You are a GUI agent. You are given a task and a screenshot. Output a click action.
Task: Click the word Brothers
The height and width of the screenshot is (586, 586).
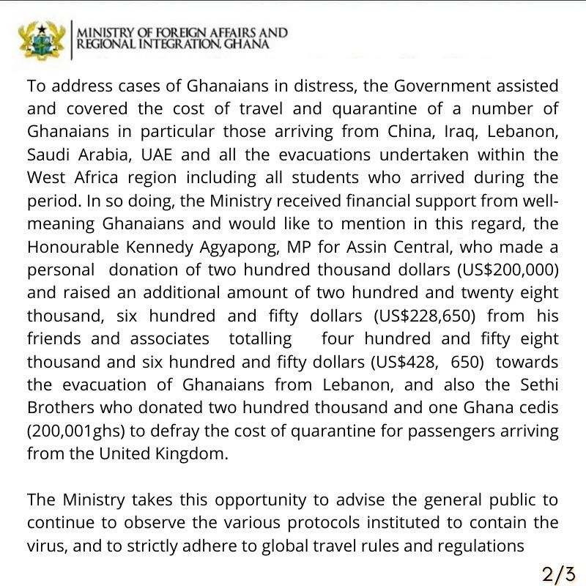coord(59,407)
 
